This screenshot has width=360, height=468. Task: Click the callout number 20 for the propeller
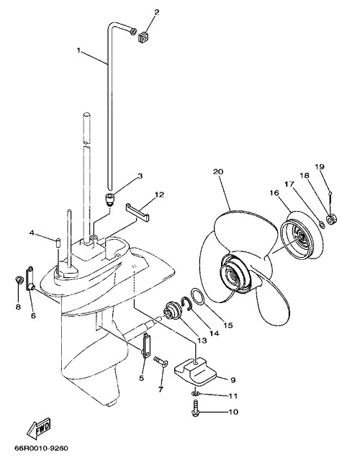click(218, 172)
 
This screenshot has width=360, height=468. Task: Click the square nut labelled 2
click(142, 37)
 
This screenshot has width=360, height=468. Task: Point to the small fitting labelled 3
click(110, 198)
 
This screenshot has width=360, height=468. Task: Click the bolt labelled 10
click(195, 409)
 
